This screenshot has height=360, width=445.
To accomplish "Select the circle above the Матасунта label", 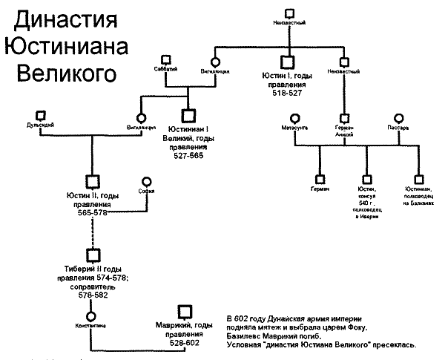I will (294, 117).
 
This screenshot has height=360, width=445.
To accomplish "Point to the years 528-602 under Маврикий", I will (184, 344).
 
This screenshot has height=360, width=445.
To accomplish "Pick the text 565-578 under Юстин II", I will (94, 213).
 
